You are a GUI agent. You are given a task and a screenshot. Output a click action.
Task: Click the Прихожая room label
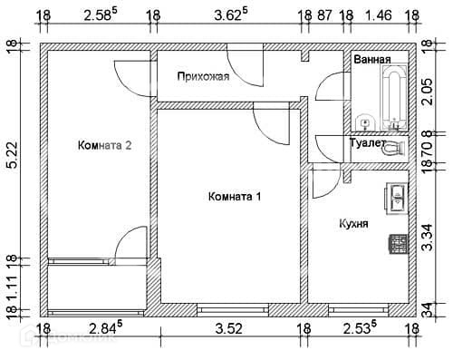[x=203, y=77]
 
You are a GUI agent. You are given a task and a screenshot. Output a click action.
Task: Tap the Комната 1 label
[x=235, y=197]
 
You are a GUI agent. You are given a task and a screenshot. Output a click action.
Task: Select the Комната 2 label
[x=104, y=145]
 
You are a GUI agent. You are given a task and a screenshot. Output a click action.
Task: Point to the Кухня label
[x=353, y=224]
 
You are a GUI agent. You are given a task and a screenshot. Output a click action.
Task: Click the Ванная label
[x=372, y=60]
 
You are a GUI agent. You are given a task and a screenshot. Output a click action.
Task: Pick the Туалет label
[x=367, y=142]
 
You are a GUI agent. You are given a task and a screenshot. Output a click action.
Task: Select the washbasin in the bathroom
[x=365, y=123]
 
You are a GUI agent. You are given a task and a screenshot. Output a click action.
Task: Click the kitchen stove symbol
[x=399, y=244]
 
